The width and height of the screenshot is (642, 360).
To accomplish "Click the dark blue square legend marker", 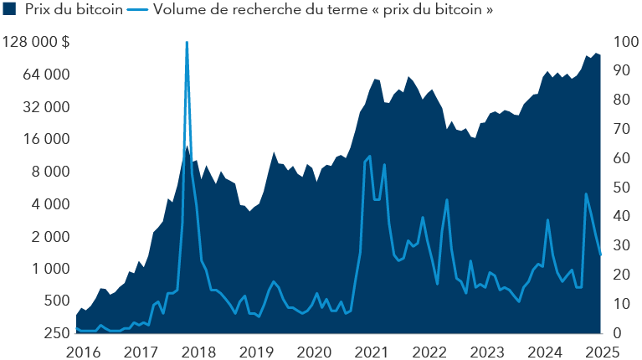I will [10, 11].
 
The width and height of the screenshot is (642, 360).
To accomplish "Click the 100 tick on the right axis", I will [624, 42].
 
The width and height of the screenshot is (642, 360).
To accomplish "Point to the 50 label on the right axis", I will [621, 188].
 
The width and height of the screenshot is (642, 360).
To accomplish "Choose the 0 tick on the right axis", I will [618, 333].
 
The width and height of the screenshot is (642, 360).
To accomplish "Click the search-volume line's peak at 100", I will [187, 42].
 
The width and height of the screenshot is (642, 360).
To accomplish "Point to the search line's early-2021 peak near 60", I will [370, 157].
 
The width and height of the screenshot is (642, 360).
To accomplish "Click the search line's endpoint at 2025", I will [600, 255].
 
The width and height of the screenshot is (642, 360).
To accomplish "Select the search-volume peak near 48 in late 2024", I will [586, 193].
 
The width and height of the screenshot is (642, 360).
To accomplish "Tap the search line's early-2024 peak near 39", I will [547, 220].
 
